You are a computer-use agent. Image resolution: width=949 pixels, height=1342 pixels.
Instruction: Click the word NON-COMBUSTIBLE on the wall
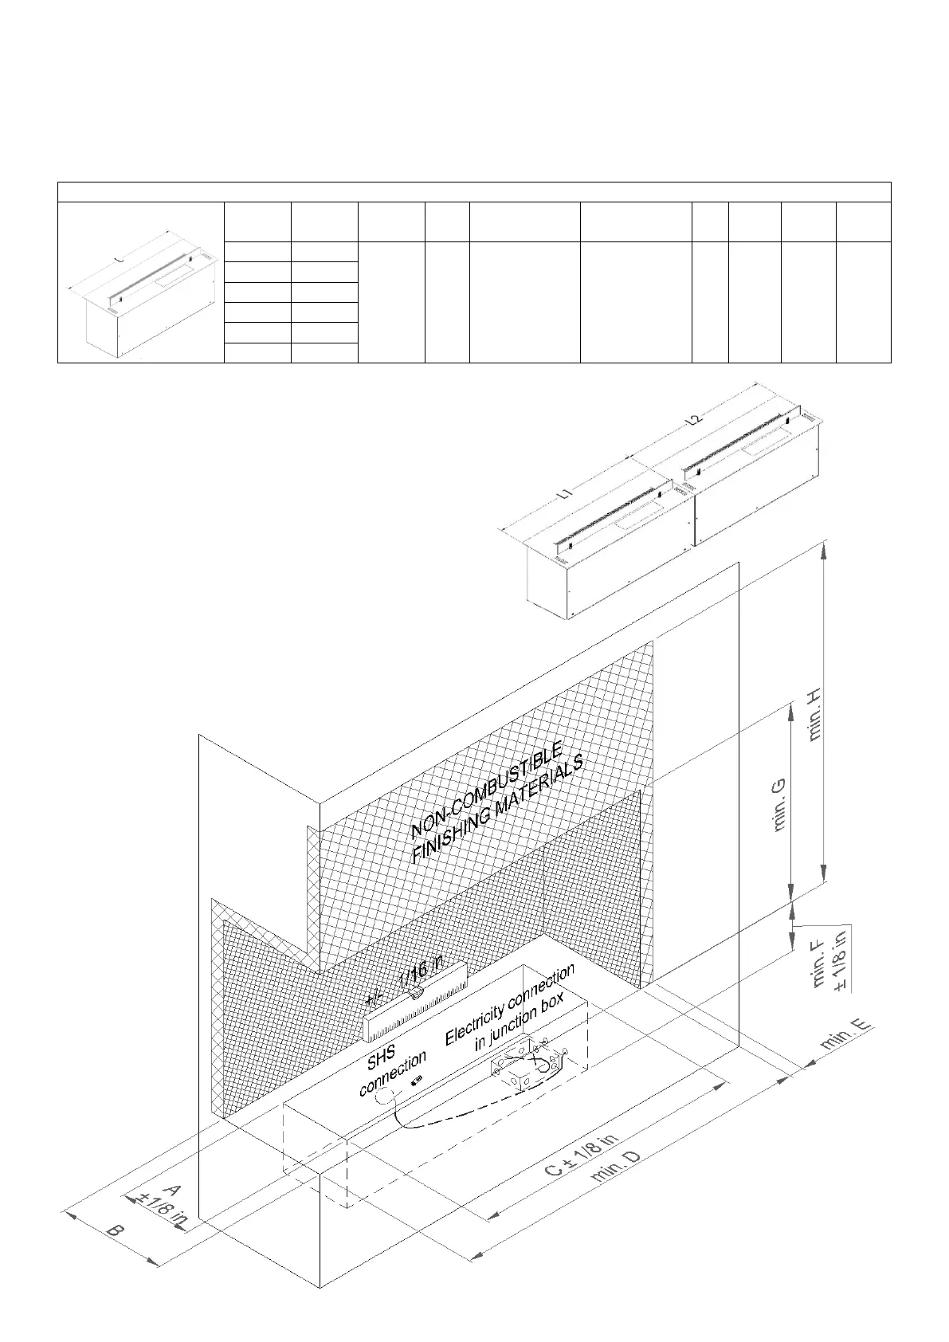(487, 790)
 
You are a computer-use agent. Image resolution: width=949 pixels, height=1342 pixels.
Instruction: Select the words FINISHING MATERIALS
(498, 810)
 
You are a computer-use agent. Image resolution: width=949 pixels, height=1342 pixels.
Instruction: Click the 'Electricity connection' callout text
(510, 1004)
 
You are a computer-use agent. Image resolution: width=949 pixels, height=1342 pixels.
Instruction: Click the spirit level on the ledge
(414, 1001)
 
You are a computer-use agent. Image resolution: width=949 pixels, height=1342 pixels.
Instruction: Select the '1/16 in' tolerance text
(420, 971)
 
